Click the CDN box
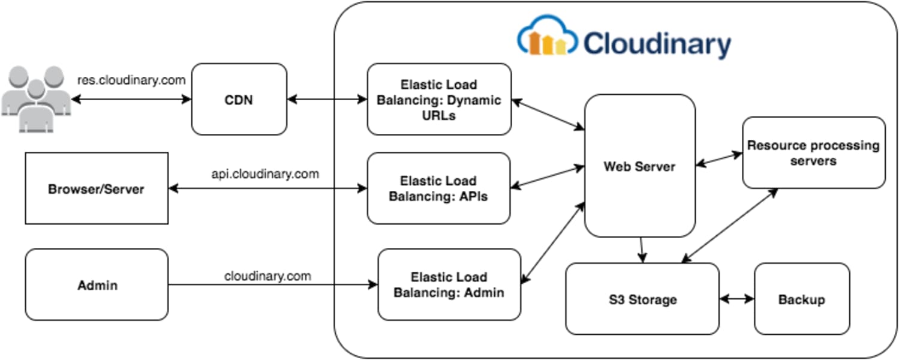[x=239, y=99]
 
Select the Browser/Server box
[x=97, y=188]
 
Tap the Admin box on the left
[x=97, y=285]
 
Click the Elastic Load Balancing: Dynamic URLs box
[x=439, y=100]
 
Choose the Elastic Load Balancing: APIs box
[x=438, y=188]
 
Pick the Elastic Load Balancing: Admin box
[x=449, y=285]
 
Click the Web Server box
[x=639, y=166]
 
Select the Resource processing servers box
[x=813, y=152]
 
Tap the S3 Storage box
[x=642, y=299]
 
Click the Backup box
[x=801, y=299]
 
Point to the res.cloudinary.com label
[x=131, y=80]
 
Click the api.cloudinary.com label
[x=265, y=174]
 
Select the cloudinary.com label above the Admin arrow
[x=267, y=276]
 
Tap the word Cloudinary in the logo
[x=657, y=44]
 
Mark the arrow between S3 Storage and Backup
[x=736, y=298]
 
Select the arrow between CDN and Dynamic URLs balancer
[x=327, y=99]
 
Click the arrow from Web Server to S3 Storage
[x=642, y=250]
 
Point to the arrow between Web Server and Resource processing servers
[x=718, y=159]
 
